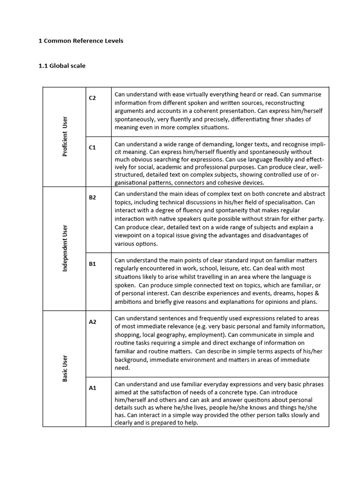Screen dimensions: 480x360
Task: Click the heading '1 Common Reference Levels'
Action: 81,41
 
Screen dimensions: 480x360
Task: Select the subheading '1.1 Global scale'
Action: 62,66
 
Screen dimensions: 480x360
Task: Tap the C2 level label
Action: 92,98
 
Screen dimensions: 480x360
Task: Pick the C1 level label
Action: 92,147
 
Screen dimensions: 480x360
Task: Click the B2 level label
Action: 92,197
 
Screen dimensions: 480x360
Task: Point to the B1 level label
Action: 92,264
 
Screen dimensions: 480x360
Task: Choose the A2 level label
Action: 92,322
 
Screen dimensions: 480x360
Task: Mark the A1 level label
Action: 92,388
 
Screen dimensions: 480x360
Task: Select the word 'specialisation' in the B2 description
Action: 280,202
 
